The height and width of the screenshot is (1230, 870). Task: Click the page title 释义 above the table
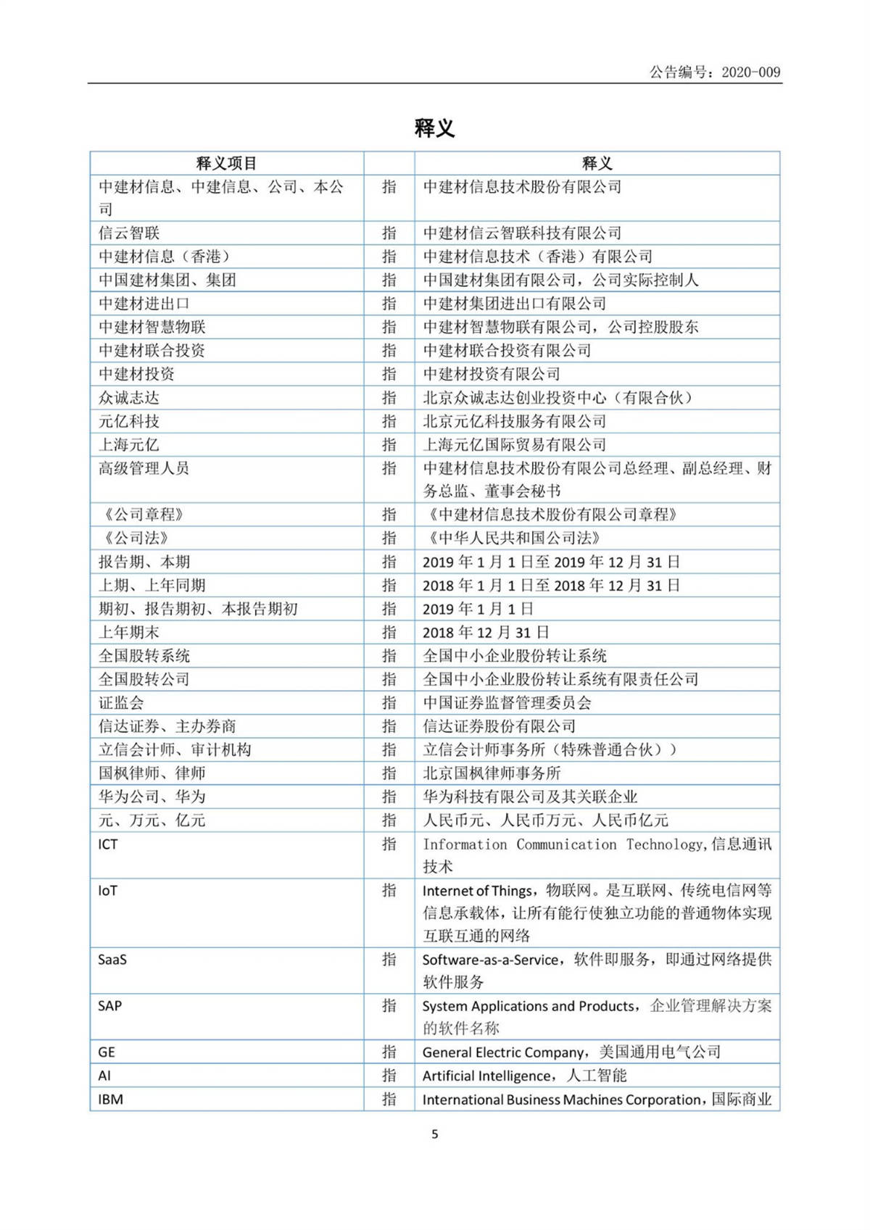click(x=434, y=128)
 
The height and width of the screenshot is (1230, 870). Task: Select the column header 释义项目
click(x=226, y=163)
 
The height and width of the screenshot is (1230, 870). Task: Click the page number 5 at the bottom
click(x=434, y=1134)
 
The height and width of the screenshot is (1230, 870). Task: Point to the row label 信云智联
click(x=129, y=233)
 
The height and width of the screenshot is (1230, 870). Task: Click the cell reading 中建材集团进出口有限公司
click(x=514, y=304)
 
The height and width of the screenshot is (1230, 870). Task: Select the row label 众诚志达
click(x=129, y=398)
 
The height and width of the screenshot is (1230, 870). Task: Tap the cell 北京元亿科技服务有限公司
click(x=514, y=421)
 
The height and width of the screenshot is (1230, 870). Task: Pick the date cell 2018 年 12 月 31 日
click(x=486, y=633)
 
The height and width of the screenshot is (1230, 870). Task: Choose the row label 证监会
click(x=121, y=702)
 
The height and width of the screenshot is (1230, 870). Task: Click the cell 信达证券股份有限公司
click(x=499, y=726)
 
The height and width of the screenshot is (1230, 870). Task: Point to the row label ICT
click(x=107, y=844)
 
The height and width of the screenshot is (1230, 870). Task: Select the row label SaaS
click(x=112, y=960)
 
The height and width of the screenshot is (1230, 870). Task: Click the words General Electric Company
click(x=503, y=1052)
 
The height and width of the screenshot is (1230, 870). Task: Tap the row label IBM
click(x=110, y=1100)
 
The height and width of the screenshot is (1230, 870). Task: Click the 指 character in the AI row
click(x=389, y=1076)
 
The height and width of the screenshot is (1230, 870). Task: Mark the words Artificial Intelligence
click(x=486, y=1076)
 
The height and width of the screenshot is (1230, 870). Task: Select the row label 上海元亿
click(x=129, y=445)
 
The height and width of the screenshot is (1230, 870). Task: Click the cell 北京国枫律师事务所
click(x=492, y=773)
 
